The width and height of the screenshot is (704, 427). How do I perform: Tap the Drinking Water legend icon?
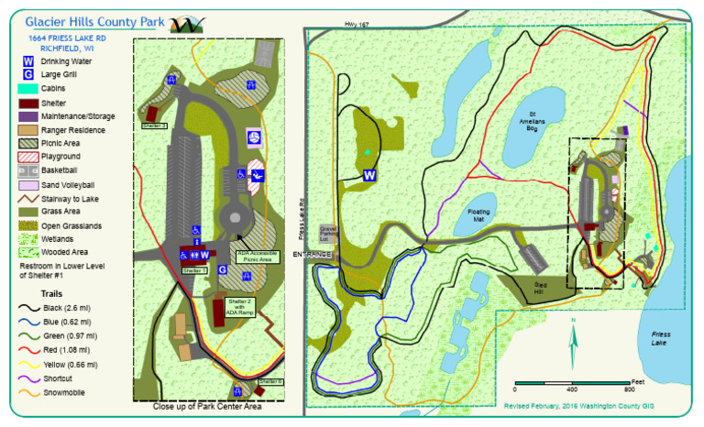pyautogui.click(x=28, y=61)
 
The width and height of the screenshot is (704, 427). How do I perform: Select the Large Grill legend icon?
pyautogui.click(x=28, y=74)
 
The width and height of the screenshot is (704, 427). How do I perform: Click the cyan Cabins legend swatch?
pyautogui.click(x=28, y=89)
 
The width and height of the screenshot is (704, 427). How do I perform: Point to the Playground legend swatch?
pyautogui.click(x=28, y=157)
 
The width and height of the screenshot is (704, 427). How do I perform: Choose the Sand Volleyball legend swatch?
pyautogui.click(x=28, y=184)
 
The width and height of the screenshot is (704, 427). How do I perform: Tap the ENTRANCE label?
pyautogui.click(x=312, y=253)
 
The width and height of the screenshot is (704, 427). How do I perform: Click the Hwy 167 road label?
pyautogui.click(x=368, y=25)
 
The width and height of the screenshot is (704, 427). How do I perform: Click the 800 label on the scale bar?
pyautogui.click(x=628, y=389)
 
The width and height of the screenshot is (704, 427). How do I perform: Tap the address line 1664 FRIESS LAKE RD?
pyautogui.click(x=66, y=38)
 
